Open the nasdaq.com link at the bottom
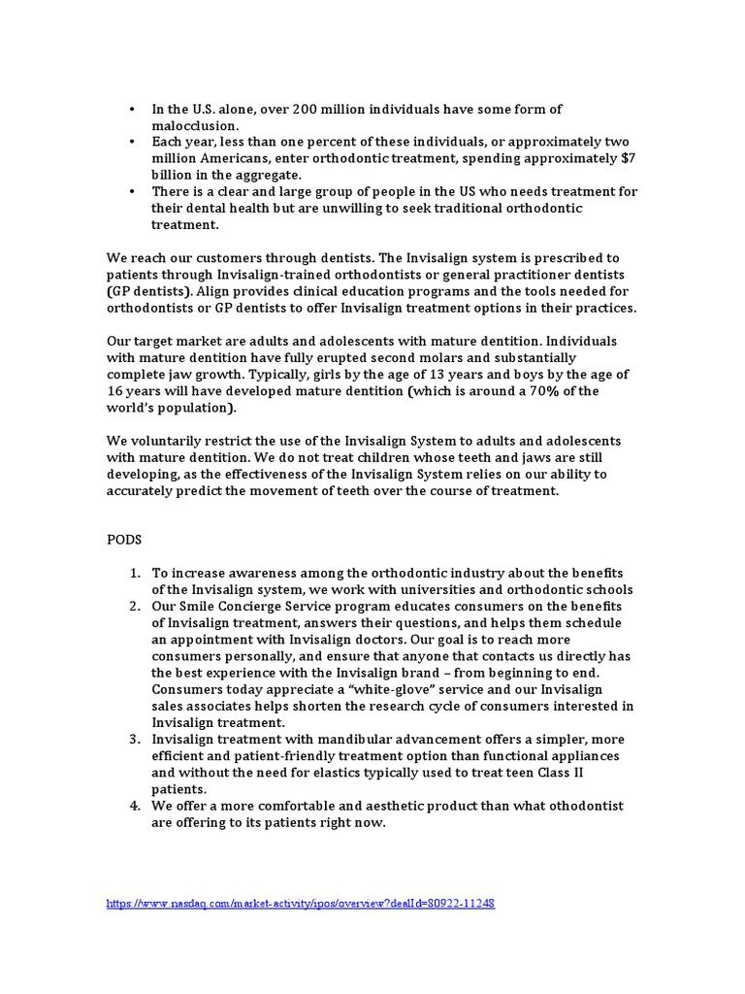[301, 903]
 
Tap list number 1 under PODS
[135, 573]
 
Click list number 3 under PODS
[135, 739]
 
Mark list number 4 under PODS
[135, 806]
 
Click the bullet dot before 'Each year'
[131, 142]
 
